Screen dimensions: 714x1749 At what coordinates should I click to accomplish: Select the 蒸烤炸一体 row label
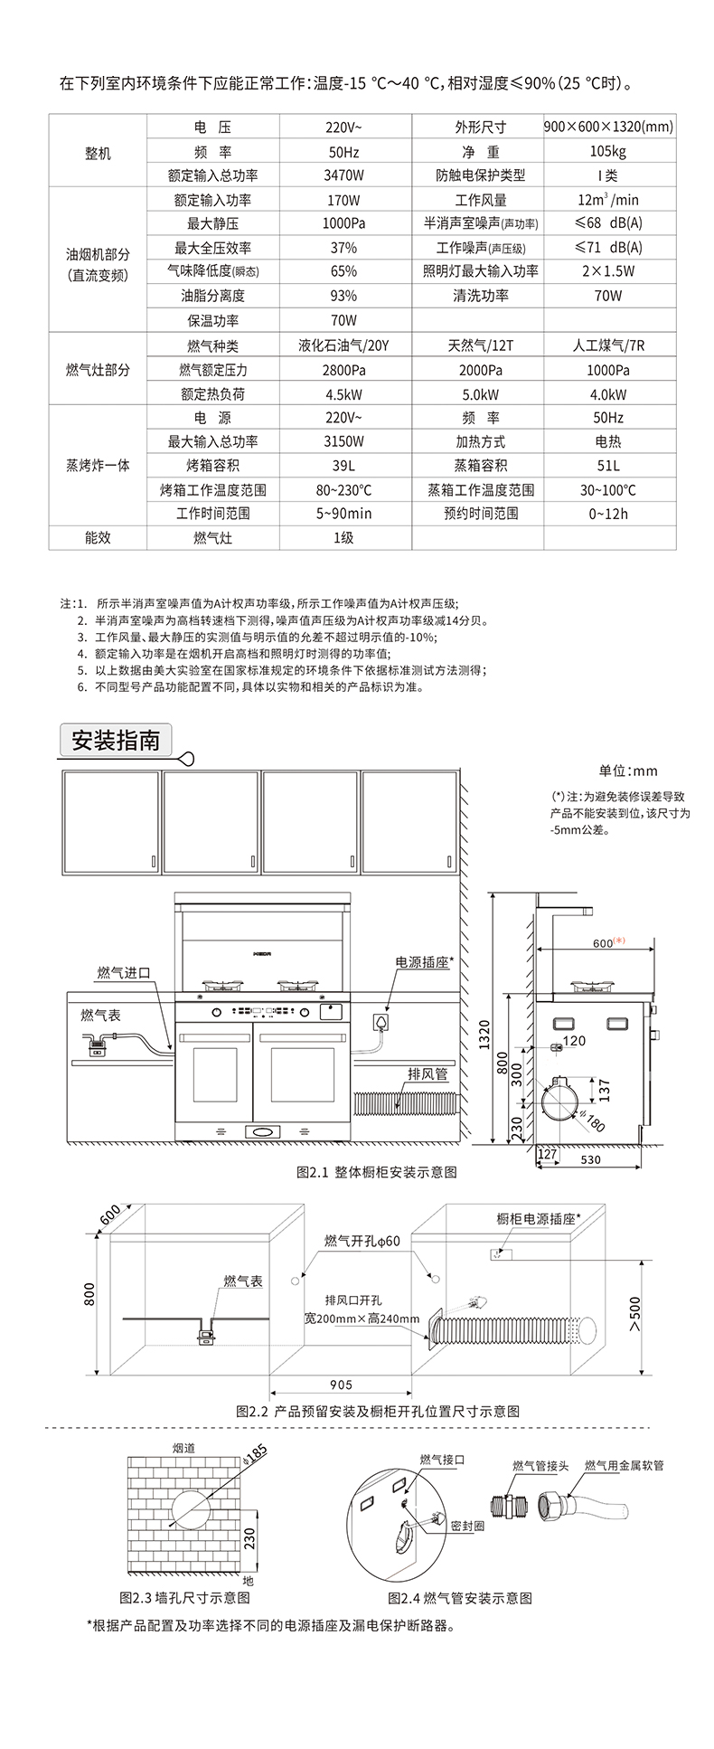(98, 466)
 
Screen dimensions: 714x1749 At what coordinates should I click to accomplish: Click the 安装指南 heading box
(115, 741)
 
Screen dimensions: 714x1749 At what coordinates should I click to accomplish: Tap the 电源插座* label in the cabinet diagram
(422, 962)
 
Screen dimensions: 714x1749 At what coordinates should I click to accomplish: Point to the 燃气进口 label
(124, 973)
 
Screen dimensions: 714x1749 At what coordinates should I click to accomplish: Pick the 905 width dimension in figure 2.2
(342, 1385)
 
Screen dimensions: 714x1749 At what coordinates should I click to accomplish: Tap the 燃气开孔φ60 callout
(362, 1242)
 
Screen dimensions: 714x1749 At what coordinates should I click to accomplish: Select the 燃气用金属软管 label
(624, 1465)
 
